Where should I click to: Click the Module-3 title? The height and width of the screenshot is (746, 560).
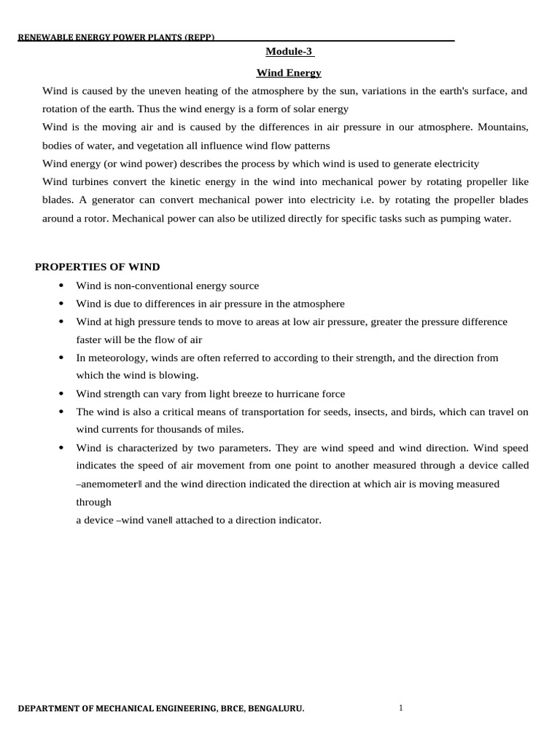click(289, 52)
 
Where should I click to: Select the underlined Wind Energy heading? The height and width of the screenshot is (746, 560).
click(289, 73)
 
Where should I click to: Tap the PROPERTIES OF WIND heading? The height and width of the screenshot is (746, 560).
click(97, 267)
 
